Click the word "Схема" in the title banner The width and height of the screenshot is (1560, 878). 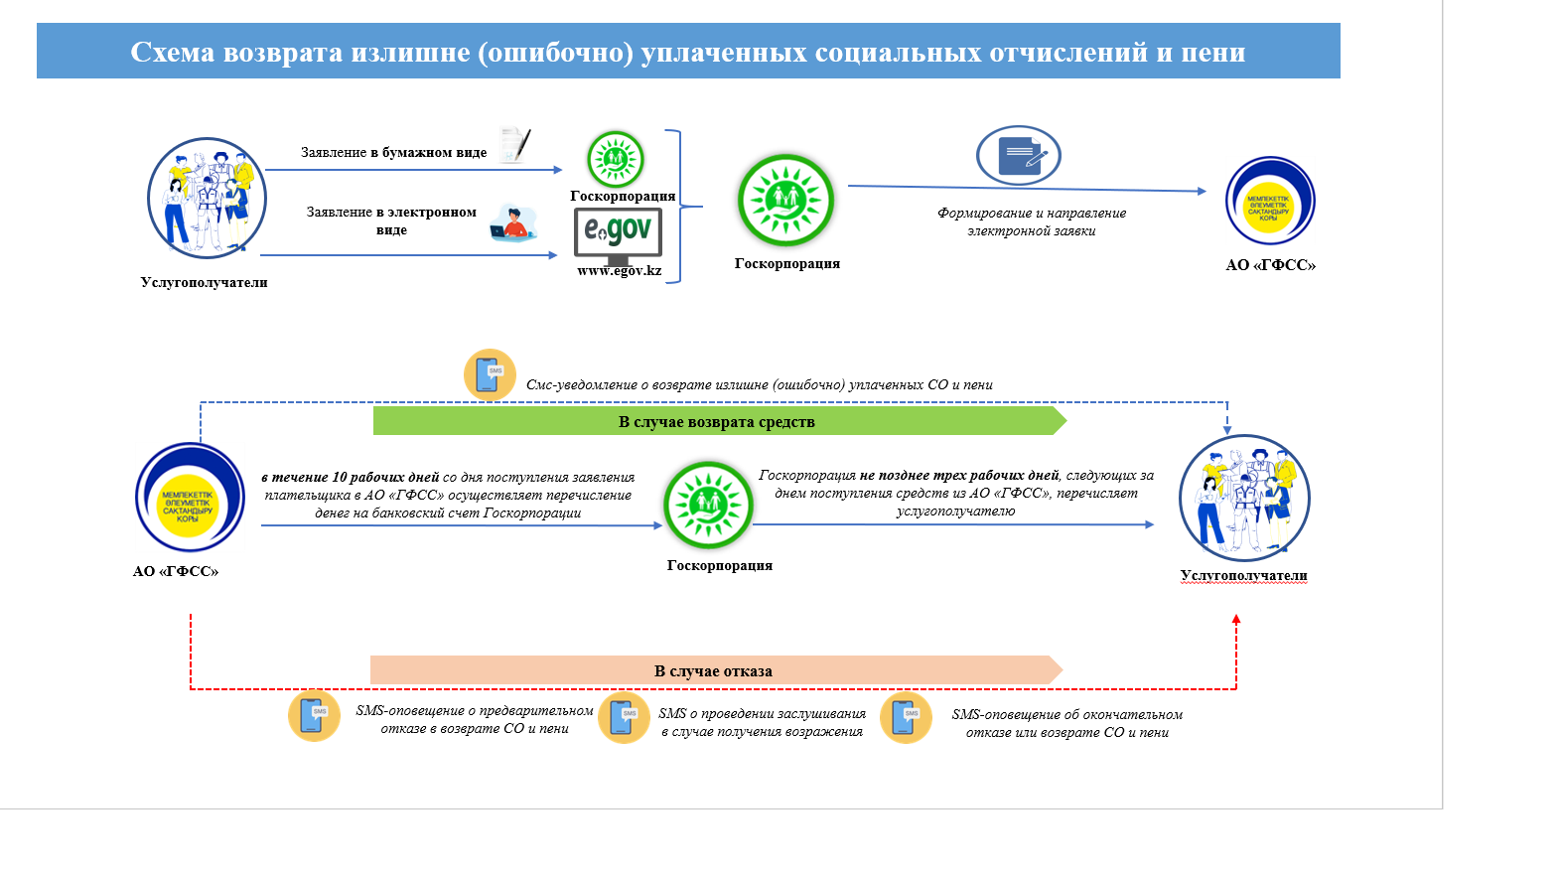pyautogui.click(x=172, y=53)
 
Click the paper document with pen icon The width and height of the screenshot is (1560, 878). pyautogui.click(x=515, y=145)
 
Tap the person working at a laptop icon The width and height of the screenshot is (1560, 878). pyautogui.click(x=513, y=223)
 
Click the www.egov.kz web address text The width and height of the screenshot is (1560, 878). pyautogui.click(x=619, y=271)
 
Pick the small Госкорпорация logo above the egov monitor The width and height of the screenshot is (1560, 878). pyautogui.click(x=616, y=159)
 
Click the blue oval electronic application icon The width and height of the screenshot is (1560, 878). pyautogui.click(x=1019, y=156)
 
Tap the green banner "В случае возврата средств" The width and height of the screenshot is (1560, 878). pyautogui.click(x=718, y=421)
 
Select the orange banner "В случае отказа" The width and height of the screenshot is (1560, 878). pyautogui.click(x=715, y=670)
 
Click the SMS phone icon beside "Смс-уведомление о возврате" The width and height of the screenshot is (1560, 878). pyautogui.click(x=490, y=374)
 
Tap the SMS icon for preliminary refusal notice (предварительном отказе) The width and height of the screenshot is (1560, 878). pyautogui.click(x=314, y=715)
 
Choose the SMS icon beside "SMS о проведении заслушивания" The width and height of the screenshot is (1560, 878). pyautogui.click(x=624, y=717)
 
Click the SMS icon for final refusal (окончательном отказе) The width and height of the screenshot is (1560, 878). pyautogui.click(x=906, y=717)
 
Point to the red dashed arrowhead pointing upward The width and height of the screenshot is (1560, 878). pyautogui.click(x=1236, y=620)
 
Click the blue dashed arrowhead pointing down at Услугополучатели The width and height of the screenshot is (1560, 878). pyautogui.click(x=1227, y=428)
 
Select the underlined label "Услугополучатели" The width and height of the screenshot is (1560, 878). pyautogui.click(x=1243, y=575)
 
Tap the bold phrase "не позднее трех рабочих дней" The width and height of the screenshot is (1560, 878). pyautogui.click(x=959, y=476)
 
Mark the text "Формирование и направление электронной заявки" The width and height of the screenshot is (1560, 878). pyautogui.click(x=1032, y=221)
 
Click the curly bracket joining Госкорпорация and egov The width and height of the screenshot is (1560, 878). pyautogui.click(x=679, y=207)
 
